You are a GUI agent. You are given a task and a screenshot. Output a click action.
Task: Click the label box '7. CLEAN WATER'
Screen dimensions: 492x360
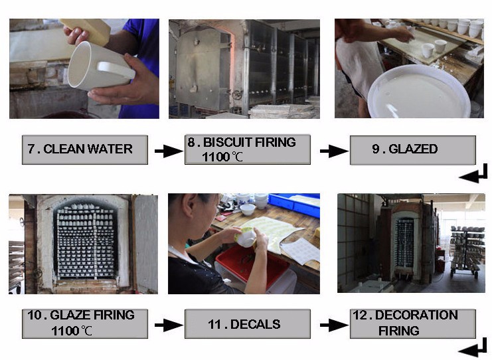[x=85, y=149]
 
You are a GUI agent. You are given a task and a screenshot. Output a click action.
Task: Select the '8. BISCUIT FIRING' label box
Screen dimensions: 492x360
[x=248, y=149]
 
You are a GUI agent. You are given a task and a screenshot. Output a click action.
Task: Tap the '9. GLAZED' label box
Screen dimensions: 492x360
[x=413, y=149]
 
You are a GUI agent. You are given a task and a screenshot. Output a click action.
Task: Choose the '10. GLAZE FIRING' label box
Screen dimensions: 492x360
[x=85, y=324]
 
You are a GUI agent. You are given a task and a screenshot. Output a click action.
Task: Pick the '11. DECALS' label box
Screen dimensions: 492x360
[x=248, y=324]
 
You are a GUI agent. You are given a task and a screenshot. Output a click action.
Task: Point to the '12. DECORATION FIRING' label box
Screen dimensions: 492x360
[x=413, y=324]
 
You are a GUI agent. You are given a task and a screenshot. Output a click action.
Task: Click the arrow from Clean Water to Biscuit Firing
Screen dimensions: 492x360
[x=169, y=151]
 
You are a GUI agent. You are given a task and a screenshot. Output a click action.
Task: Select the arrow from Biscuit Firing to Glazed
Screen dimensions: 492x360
[x=334, y=151]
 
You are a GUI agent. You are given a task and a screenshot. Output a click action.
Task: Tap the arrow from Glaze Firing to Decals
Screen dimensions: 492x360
[x=169, y=325]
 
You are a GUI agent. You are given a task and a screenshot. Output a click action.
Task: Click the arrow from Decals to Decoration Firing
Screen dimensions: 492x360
[x=334, y=325]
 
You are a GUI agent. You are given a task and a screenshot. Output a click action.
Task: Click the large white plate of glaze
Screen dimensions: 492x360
[x=419, y=92]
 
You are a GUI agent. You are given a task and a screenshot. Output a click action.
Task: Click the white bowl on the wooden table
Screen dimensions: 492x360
[x=248, y=210]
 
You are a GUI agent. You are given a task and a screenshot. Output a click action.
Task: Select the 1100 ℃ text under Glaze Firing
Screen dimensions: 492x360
[x=72, y=331]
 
